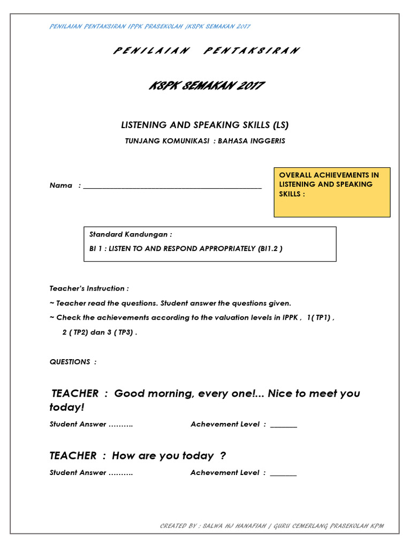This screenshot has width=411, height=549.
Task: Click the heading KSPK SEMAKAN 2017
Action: [205, 86]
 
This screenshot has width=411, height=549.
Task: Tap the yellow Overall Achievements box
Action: [332, 192]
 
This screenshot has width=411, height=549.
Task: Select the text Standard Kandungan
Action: [131, 235]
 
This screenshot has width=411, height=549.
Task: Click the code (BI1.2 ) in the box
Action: [270, 249]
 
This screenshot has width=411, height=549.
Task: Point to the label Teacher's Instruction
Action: [89, 288]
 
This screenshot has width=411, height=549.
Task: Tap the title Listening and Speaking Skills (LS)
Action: [204, 125]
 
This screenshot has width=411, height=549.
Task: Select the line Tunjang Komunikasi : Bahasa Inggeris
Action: [205, 141]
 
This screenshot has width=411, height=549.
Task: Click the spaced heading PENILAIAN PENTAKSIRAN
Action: [205, 50]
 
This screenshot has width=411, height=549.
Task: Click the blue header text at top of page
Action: [150, 26]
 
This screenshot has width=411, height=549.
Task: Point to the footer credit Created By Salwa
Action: [272, 526]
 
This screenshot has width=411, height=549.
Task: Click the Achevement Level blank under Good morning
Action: [284, 426]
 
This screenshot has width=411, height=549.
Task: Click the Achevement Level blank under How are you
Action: [284, 474]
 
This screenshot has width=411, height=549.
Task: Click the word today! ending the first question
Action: [67, 407]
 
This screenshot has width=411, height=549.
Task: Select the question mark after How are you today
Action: [223, 456]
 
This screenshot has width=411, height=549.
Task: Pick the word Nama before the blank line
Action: [60, 186]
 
